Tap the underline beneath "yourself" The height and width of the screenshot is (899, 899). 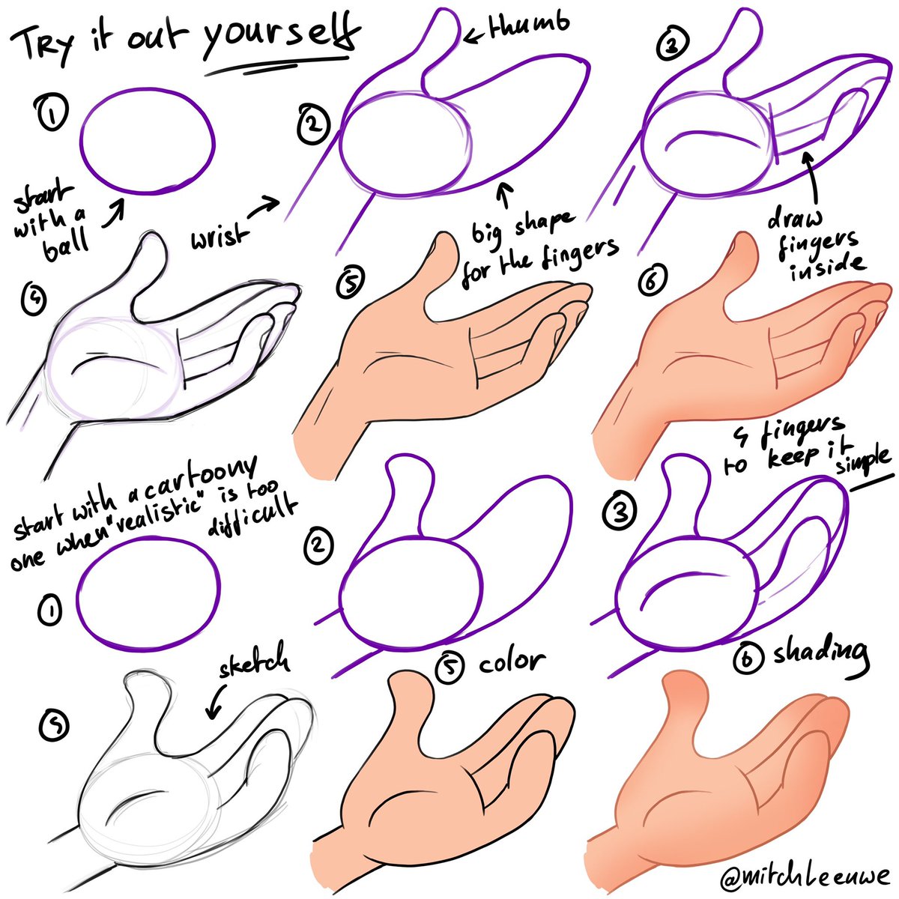pos(278,66)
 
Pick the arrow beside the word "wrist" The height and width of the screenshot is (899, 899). pos(264,208)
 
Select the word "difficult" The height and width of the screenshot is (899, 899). pos(252,516)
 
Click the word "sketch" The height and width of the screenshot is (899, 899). pos(254,662)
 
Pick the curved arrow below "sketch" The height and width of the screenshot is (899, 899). pos(216,701)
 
